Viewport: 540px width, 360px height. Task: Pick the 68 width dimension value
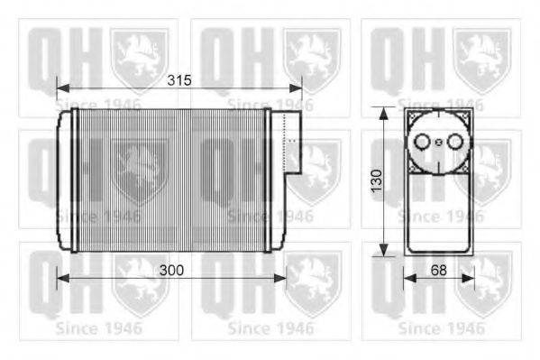[x=439, y=270]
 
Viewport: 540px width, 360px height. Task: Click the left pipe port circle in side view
[x=424, y=142]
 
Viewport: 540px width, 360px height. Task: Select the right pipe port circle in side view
[x=451, y=142]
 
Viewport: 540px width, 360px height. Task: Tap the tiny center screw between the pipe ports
[x=437, y=142]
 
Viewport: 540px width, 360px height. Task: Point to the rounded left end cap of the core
[x=63, y=180]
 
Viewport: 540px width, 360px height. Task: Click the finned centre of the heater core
[x=171, y=180]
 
